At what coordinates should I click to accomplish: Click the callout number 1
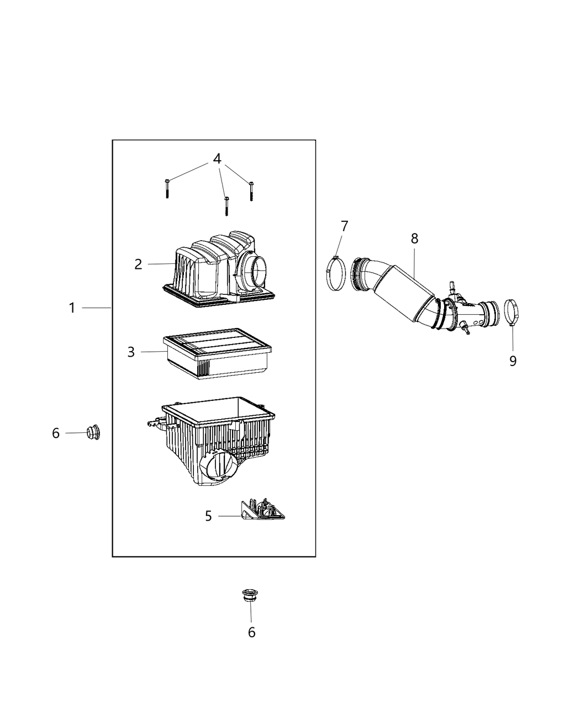point(72,308)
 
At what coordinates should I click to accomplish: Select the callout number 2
point(138,264)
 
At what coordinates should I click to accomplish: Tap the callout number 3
point(131,352)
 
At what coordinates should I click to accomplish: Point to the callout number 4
point(217,159)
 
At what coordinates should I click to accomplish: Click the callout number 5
point(208,516)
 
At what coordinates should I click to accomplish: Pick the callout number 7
point(344,226)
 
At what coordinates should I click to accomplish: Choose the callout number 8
point(414,239)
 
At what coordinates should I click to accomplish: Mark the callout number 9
point(513,361)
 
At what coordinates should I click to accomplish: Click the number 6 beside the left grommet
point(56,433)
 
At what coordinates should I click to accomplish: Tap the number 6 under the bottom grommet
point(251,632)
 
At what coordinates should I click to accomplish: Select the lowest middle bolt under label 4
point(226,205)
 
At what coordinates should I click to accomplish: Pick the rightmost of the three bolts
point(251,190)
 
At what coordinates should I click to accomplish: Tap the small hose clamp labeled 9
point(513,312)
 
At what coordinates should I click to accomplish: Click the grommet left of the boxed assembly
point(93,432)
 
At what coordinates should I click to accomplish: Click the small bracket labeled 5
point(262,510)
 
